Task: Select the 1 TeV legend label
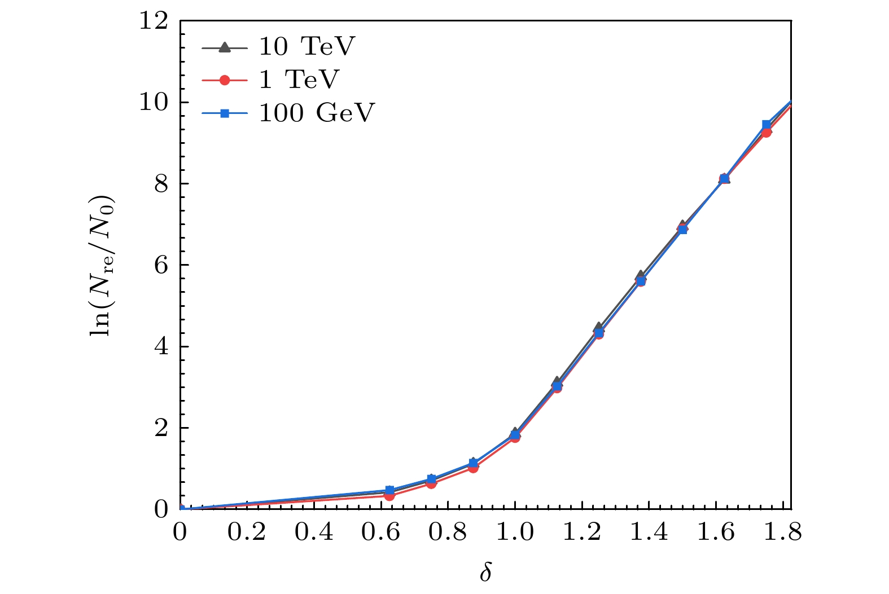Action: (299, 80)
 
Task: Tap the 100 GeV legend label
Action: (317, 113)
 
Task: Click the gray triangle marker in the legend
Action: (225, 47)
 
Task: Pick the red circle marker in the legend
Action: (225, 80)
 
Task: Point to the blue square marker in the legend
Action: (225, 113)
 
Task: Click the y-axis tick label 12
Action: (154, 21)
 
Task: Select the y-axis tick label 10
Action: (154, 103)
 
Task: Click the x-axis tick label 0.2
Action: (247, 533)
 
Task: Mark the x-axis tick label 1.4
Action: (649, 533)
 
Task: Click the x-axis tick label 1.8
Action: (782, 533)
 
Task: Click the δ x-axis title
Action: (485, 572)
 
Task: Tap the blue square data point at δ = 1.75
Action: (766, 125)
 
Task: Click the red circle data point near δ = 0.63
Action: (389, 496)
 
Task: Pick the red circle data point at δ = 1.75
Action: (766, 132)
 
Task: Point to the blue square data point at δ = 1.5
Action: (682, 229)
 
